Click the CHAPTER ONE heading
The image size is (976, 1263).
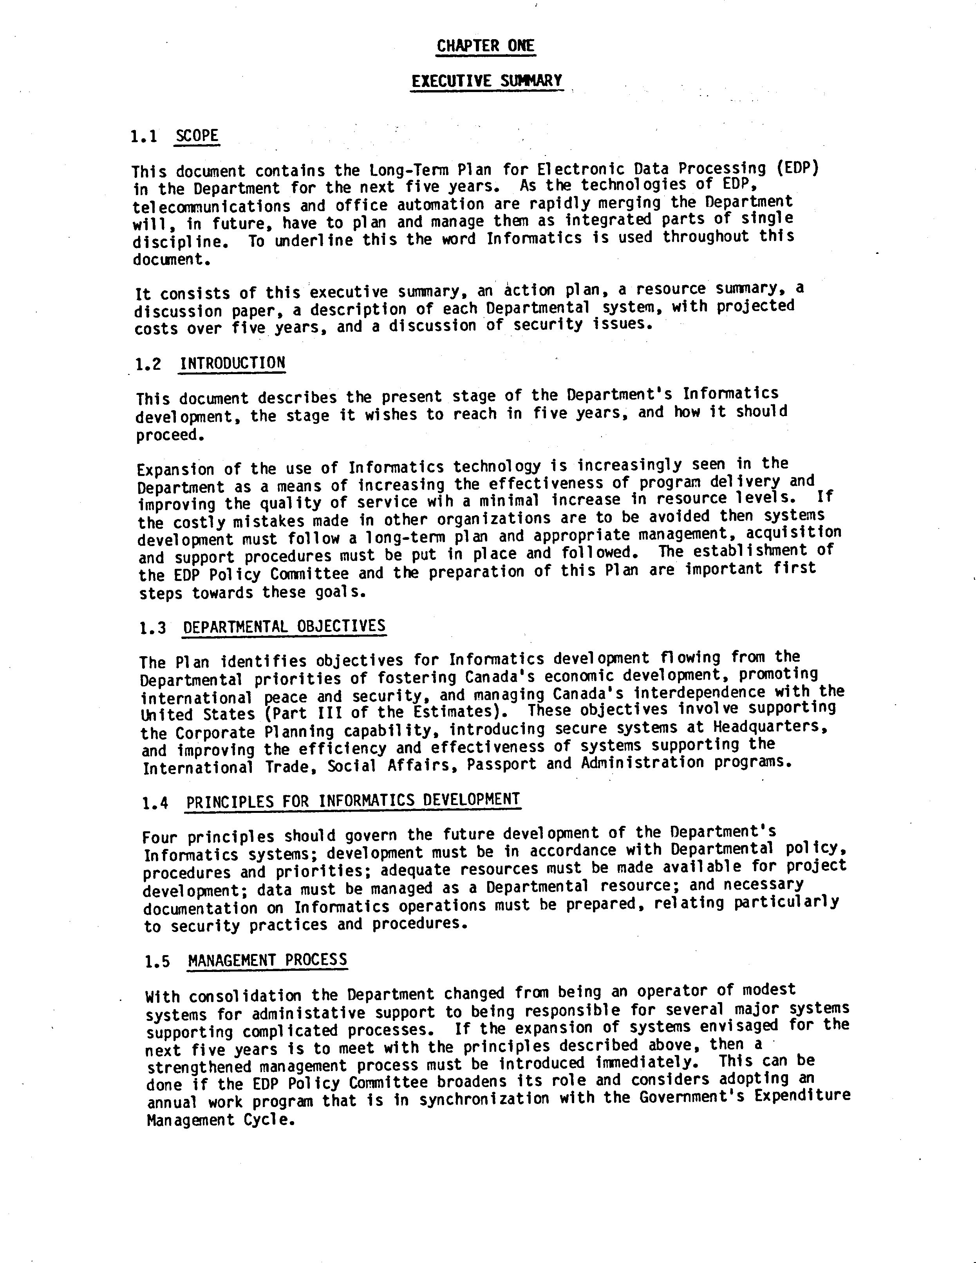486,46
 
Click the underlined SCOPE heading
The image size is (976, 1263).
197,136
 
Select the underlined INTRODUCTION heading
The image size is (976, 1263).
232,363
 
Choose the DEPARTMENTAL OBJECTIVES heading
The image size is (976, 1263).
284,626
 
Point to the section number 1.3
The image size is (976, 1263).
153,628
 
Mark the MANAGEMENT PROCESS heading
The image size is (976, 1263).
268,961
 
